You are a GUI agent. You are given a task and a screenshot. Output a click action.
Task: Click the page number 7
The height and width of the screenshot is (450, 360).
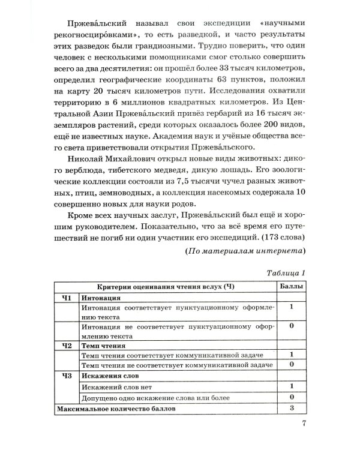pos(304,428)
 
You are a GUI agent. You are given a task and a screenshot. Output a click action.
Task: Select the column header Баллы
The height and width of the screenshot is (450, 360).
pos(292,287)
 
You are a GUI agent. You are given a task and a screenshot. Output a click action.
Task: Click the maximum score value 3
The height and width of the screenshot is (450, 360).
pos(292,408)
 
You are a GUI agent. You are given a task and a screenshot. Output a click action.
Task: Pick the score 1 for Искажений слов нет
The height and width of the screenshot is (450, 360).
pos(292,386)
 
